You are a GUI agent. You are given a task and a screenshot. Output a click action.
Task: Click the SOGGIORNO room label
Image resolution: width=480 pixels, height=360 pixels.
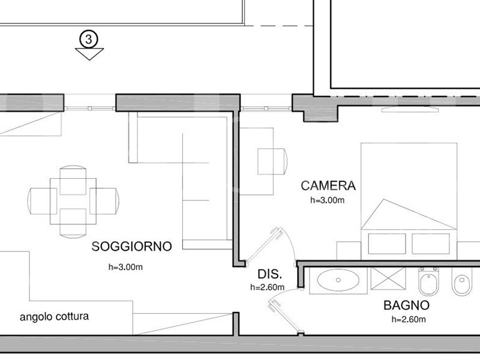(131, 247)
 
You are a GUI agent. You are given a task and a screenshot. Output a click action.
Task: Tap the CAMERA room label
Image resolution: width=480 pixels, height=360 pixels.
(328, 186)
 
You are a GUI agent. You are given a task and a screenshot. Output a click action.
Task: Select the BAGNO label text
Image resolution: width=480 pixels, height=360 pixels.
(407, 305)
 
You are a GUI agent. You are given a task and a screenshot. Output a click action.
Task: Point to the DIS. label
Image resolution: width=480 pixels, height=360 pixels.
(269, 274)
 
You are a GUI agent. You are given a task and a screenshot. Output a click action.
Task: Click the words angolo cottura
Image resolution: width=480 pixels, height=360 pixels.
(54, 317)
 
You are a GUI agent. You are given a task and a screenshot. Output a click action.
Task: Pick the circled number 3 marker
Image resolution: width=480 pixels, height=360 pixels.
(89, 39)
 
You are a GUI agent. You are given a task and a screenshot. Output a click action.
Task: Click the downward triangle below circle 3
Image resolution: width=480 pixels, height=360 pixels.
(89, 54)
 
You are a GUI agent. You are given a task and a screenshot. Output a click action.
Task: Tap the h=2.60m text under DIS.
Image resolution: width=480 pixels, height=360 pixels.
(267, 287)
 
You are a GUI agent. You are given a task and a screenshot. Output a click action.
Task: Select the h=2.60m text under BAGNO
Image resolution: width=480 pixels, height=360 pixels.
(409, 319)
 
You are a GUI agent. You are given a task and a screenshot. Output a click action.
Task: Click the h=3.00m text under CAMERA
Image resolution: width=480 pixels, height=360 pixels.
(327, 200)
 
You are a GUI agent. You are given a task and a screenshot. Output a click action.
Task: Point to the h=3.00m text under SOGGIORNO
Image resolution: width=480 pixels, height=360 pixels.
(125, 267)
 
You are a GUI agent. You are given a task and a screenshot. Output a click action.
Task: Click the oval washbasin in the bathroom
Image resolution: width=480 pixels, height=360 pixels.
(338, 280)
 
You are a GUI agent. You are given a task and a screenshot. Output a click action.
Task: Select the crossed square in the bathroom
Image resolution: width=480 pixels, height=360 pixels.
(388, 278)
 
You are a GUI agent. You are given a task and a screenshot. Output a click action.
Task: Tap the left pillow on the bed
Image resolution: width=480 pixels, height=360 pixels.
(387, 244)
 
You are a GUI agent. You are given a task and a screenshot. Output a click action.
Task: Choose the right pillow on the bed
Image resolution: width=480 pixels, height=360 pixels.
(431, 244)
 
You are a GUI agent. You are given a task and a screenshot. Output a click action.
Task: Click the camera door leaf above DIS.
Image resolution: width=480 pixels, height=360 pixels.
(264, 245)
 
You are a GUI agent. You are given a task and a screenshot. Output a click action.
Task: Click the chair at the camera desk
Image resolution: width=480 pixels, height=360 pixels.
(272, 161)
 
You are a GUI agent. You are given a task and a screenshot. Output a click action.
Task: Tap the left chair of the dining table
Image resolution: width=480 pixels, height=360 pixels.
(42, 201)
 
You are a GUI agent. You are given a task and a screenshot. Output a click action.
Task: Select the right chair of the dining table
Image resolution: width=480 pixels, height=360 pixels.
(104, 201)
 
